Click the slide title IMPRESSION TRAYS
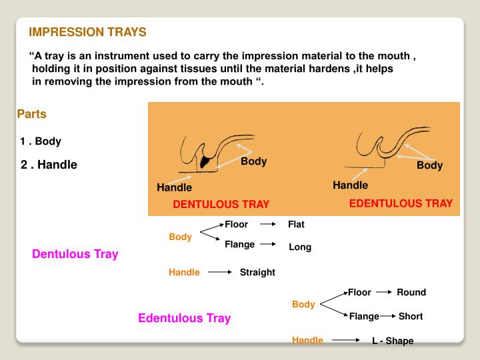pos(87,32)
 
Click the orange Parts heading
pos(32,114)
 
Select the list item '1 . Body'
pos(41,141)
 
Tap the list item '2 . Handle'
pos(49,165)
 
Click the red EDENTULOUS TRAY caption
pos(401,203)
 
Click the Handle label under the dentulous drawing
pos(174,187)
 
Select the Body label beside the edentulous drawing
pos(429,165)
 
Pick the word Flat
pos(296,225)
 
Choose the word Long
pos(300,247)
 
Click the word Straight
pos(257,272)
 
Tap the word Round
pos(411,292)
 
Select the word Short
pos(411,316)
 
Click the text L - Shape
pos(393,341)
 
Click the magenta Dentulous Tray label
pos(75,254)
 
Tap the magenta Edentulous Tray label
pos(184,318)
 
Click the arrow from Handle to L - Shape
pos(347,340)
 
